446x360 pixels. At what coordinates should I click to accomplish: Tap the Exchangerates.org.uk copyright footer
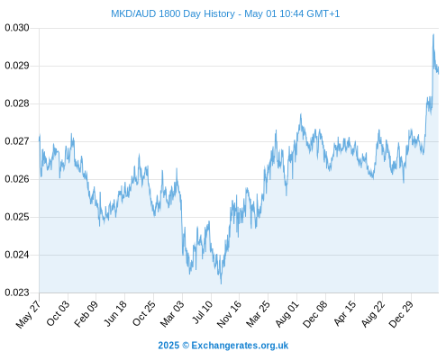[x=223, y=346]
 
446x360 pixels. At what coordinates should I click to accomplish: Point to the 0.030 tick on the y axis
[x=17, y=28]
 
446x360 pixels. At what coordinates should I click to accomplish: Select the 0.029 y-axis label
[x=17, y=66]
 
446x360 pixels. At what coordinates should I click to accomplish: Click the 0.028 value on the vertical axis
[x=17, y=103]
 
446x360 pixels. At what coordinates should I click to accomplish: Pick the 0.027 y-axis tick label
[x=17, y=141]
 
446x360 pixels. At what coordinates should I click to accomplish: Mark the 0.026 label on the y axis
[x=17, y=179]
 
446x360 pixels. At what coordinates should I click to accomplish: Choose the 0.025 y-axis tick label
[x=17, y=217]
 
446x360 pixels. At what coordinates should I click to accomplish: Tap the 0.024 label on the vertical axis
[x=17, y=255]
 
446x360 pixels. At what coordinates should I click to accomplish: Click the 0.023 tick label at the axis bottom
[x=17, y=292]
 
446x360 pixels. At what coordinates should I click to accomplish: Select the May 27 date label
[x=28, y=314]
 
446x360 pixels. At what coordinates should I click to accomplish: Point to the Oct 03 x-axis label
[x=58, y=313]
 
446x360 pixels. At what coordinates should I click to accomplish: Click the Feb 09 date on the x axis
[x=86, y=314]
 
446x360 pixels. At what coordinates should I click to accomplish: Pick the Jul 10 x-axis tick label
[x=202, y=312]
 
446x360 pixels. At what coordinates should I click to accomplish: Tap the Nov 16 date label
[x=229, y=314]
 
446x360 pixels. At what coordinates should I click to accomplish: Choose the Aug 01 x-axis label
[x=287, y=314]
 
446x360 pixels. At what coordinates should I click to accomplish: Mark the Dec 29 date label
[x=401, y=314]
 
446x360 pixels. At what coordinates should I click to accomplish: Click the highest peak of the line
[x=433, y=34]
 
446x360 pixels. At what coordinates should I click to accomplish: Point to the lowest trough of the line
[x=221, y=283]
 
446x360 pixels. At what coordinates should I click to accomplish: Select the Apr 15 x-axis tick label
[x=345, y=313]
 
